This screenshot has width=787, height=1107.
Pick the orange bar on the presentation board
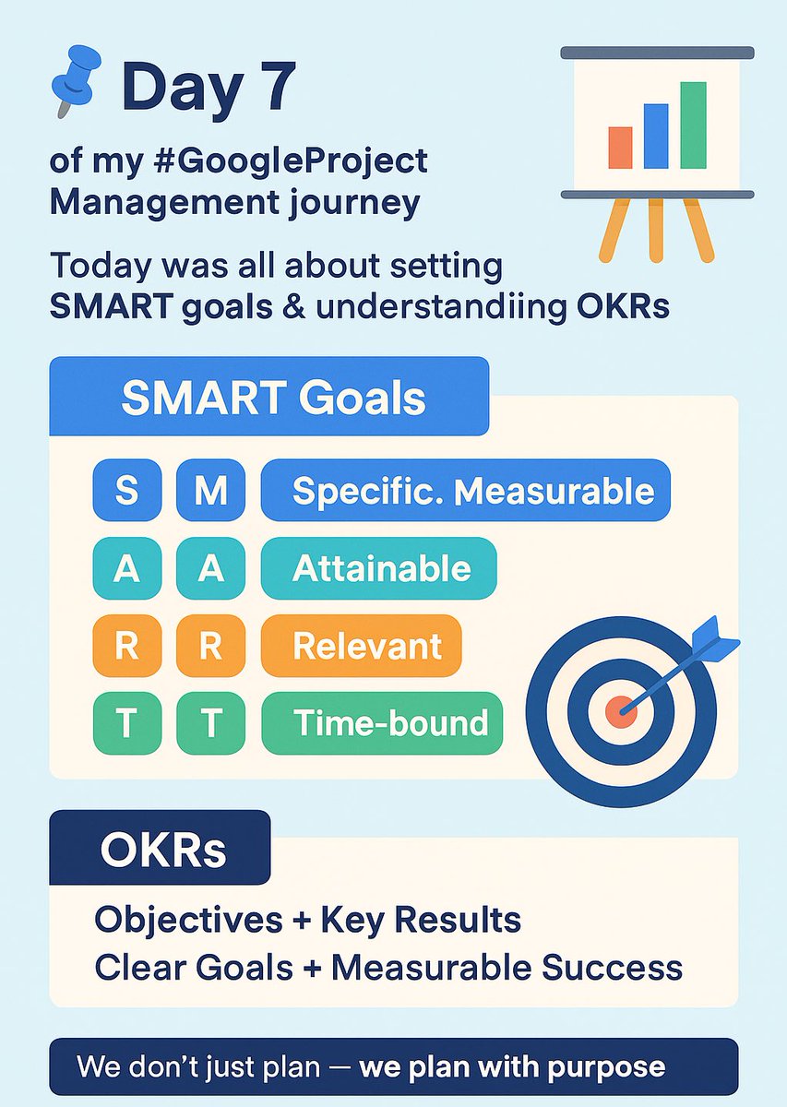pyautogui.click(x=620, y=147)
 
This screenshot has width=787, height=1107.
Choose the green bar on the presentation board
pyautogui.click(x=693, y=125)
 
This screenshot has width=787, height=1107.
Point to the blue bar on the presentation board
pyautogui.click(x=656, y=136)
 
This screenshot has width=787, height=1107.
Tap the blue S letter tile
pyautogui.click(x=126, y=490)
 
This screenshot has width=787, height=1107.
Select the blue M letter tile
pyautogui.click(x=210, y=490)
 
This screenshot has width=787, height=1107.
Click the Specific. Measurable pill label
pyautogui.click(x=466, y=491)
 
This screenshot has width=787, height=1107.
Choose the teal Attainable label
pyautogui.click(x=379, y=569)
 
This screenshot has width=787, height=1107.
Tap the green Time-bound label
pyautogui.click(x=383, y=722)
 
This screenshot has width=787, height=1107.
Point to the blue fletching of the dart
pyautogui.click(x=714, y=637)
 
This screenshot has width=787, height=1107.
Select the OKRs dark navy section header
pyautogui.click(x=160, y=849)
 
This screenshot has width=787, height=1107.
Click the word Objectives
pyautogui.click(x=188, y=919)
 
